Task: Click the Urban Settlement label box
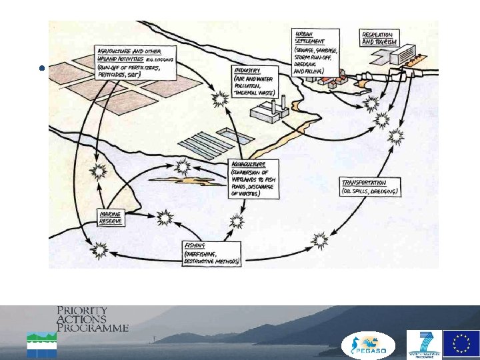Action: (316, 52)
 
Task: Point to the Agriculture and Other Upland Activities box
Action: (137, 63)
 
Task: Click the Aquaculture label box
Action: (253, 178)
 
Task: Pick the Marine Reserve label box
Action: (111, 217)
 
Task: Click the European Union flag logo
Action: (461, 343)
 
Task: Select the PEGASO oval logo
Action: (369, 345)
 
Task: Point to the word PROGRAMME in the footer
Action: (93, 328)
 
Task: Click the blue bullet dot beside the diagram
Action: (42, 68)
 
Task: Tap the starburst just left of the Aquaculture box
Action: (181, 166)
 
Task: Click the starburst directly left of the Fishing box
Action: (100, 251)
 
